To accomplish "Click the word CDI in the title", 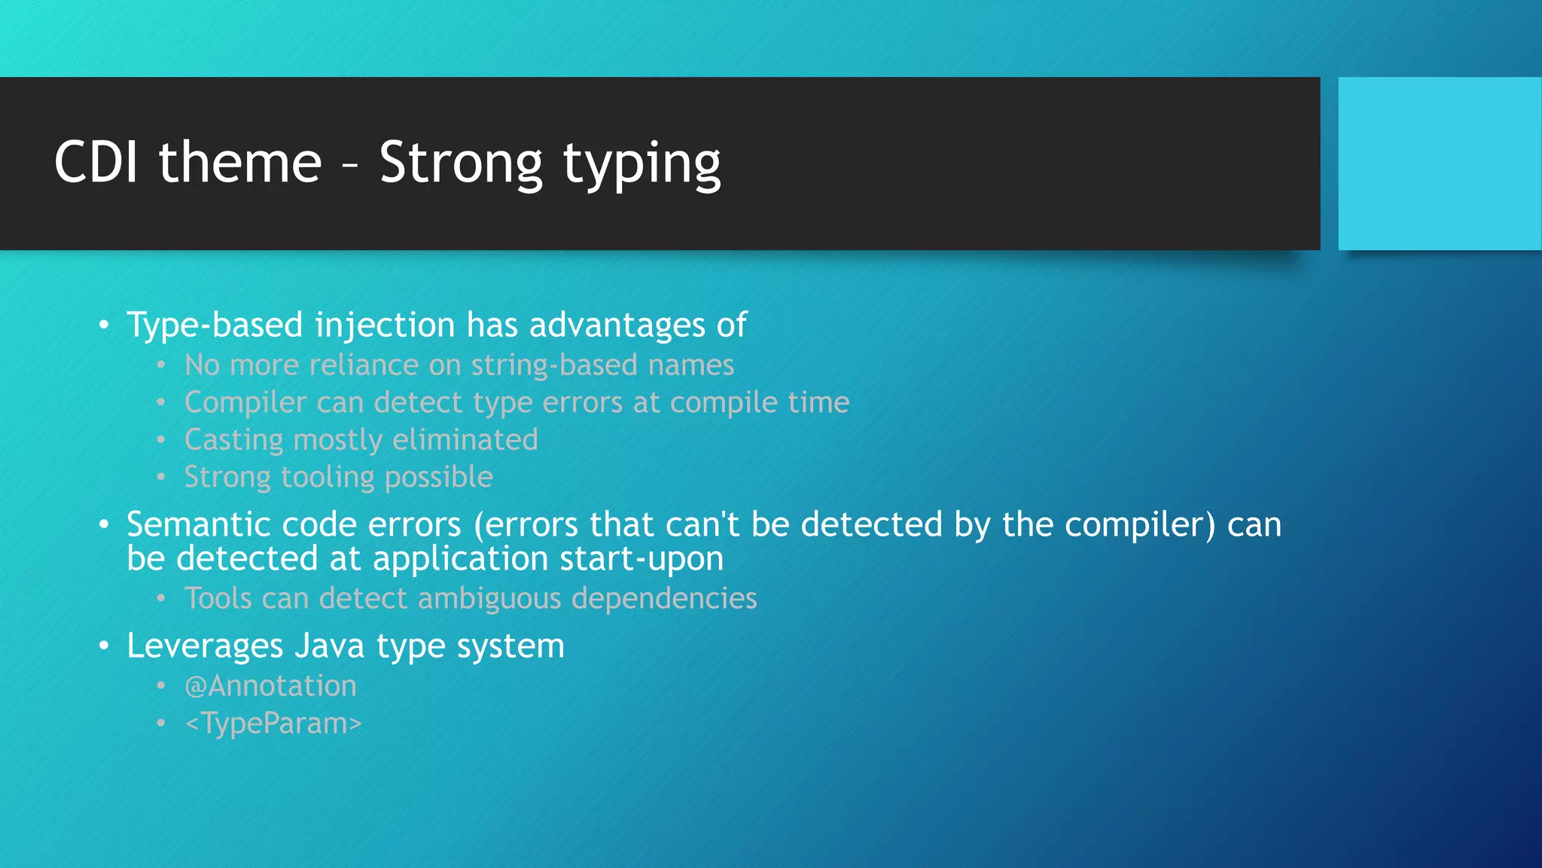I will (96, 162).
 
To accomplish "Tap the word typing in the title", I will (641, 164).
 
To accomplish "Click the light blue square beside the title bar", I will (1439, 164).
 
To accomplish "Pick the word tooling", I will (328, 478).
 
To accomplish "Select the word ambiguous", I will (489, 598).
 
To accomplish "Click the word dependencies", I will (664, 598).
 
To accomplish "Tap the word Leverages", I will (205, 646).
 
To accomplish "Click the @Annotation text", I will (270, 686).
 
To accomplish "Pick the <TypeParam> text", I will (273, 723).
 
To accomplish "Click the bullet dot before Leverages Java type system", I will (104, 646).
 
